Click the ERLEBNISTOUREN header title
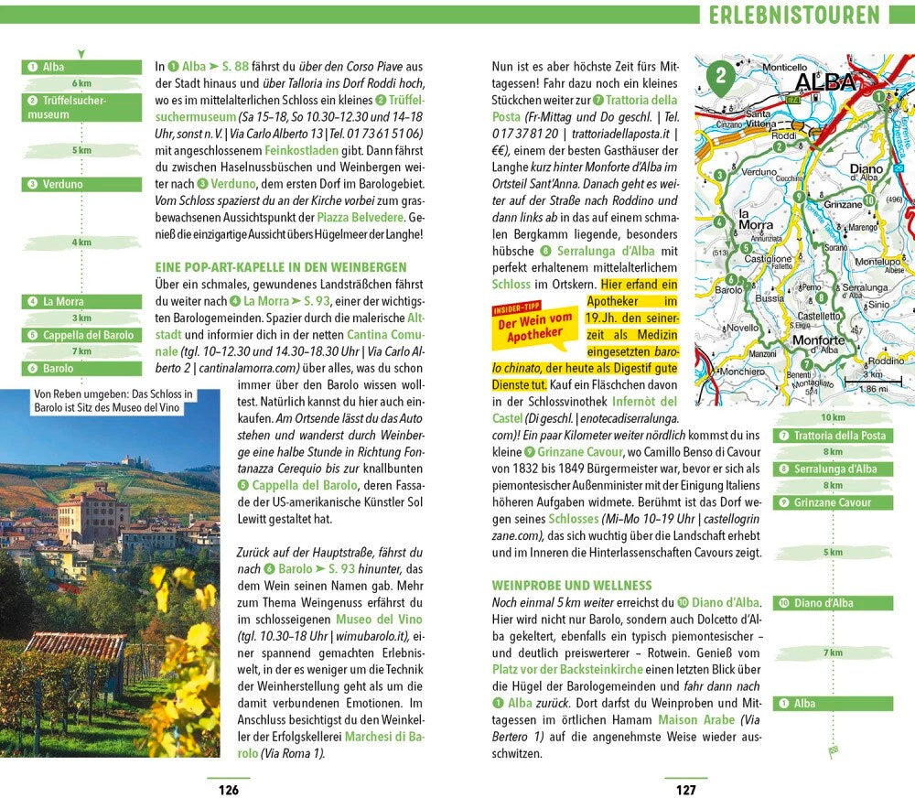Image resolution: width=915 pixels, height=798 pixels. pyautogui.click(x=794, y=16)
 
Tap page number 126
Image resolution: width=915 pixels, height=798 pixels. pyautogui.click(x=228, y=790)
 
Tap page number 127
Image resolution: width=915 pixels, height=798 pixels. pyautogui.click(x=685, y=790)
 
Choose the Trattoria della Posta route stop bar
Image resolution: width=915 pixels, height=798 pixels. pyautogui.click(x=833, y=436)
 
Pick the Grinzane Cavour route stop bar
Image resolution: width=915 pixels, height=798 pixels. pyautogui.click(x=833, y=502)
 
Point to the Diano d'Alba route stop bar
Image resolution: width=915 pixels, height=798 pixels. pyautogui.click(x=833, y=603)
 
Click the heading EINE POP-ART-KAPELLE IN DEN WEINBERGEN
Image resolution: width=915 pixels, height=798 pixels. pyautogui.click(x=281, y=267)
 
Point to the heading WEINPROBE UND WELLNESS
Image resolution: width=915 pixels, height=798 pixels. pyautogui.click(x=572, y=585)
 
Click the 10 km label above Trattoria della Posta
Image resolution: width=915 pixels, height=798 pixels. pyautogui.click(x=833, y=417)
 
